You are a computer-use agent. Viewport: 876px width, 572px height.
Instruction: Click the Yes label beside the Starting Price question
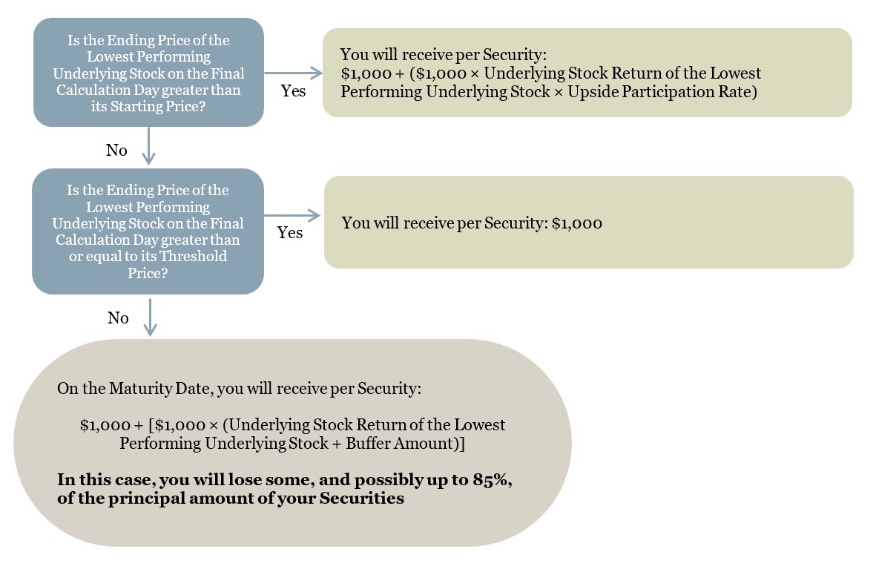tap(293, 91)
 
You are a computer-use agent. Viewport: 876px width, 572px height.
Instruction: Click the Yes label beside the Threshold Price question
tap(290, 232)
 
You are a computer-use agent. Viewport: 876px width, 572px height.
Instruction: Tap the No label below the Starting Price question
tap(116, 151)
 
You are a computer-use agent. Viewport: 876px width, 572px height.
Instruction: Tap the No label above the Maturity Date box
tap(118, 318)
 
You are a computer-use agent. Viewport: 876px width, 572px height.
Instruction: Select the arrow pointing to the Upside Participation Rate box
tap(293, 73)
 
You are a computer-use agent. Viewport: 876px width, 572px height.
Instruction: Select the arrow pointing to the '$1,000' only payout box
tap(292, 215)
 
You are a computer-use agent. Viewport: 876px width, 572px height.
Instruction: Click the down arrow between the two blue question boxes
tap(148, 146)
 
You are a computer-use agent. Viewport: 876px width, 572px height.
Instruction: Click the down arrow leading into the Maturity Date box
tap(150, 318)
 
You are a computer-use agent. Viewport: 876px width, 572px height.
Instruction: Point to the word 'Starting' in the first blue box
tap(133, 106)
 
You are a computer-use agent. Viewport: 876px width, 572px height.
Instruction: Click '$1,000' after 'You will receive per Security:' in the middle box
tap(577, 223)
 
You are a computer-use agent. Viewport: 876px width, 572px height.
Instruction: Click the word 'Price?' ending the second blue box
tap(148, 273)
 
